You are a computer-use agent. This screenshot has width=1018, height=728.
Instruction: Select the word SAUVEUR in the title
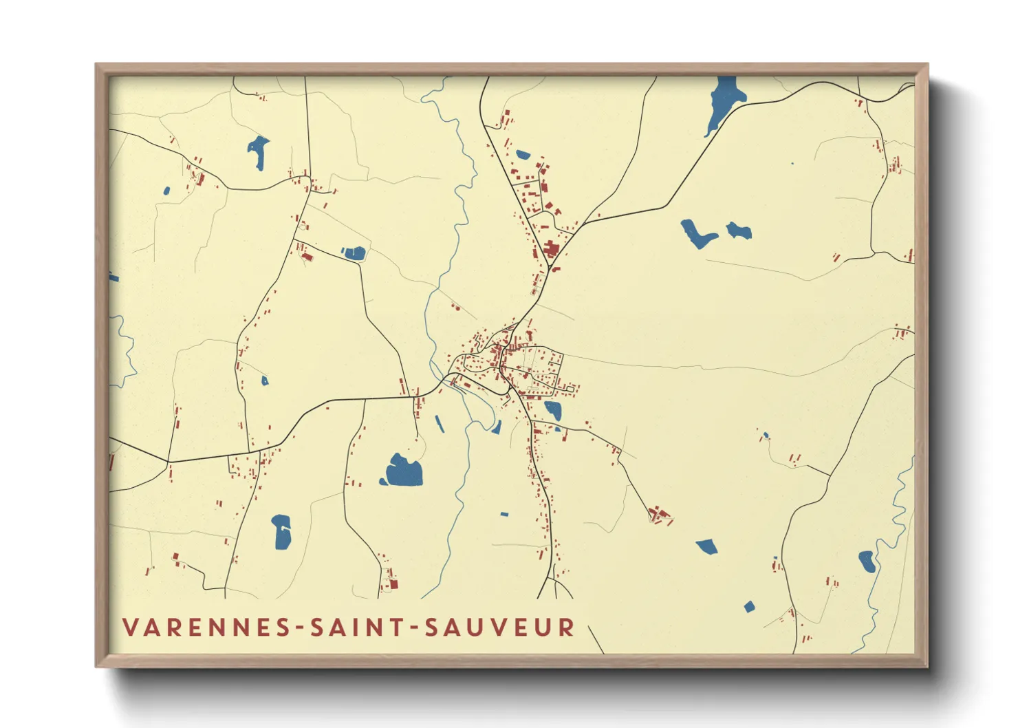coord(499,628)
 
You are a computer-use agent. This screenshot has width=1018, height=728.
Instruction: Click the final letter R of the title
coord(567,628)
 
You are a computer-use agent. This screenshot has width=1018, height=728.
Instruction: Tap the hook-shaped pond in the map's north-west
coord(259,151)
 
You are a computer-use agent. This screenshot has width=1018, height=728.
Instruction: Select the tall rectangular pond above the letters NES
coord(282,532)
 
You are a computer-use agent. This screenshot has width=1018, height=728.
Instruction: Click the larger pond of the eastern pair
coord(697,234)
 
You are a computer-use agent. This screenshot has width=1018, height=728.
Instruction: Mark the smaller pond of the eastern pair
coord(739,231)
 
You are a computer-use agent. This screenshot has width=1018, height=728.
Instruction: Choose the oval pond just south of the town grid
coord(553,411)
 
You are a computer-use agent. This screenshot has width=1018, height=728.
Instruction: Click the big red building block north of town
coord(551,249)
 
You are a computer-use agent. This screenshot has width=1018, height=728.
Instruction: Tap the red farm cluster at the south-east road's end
coord(660,515)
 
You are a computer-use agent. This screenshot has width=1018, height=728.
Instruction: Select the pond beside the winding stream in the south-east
coord(867,561)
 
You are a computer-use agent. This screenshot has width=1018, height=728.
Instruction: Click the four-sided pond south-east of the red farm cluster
coord(707,547)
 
